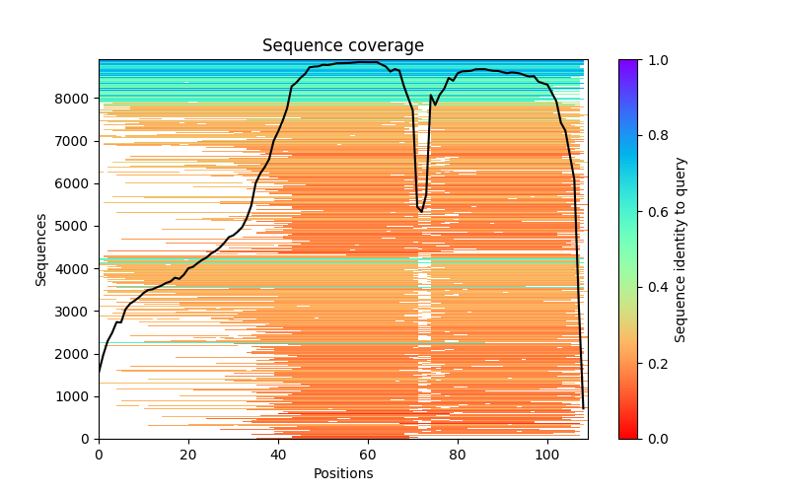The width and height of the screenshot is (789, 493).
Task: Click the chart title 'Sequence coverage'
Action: (342, 46)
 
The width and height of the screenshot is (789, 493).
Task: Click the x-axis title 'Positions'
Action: (342, 473)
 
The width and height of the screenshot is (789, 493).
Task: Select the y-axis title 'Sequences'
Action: (41, 248)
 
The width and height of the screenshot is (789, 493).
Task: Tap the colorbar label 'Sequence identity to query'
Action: (681, 248)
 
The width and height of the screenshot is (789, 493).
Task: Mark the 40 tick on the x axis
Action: (278, 439)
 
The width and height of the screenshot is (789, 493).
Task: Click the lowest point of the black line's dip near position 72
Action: (422, 212)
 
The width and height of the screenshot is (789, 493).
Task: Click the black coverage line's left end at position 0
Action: (99, 373)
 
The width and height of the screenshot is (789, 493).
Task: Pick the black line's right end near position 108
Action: (583, 408)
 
